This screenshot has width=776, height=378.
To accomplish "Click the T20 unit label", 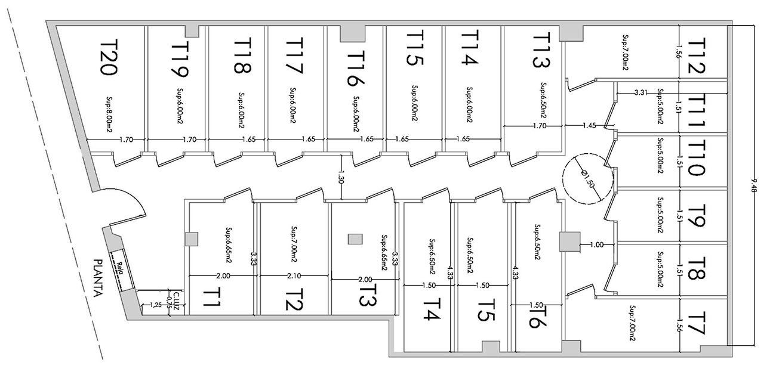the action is [109, 57].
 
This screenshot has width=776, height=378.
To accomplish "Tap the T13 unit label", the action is [540, 50].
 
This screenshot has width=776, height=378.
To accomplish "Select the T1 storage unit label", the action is [211, 298].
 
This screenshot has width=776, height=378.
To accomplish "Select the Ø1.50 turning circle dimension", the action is [588, 179].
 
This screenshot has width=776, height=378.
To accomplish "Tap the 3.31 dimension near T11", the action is [641, 93].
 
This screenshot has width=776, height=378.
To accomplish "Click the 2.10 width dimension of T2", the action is [294, 276].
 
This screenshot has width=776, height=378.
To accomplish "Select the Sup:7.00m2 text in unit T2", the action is [295, 244].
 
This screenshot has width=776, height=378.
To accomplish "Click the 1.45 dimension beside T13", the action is [589, 125].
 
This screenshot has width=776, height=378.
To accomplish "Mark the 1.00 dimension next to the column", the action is [596, 244].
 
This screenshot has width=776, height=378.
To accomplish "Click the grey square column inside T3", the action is [355, 239].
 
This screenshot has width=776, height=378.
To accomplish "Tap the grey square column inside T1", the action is [192, 239].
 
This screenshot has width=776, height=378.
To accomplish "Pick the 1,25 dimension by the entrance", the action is [156, 305].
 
